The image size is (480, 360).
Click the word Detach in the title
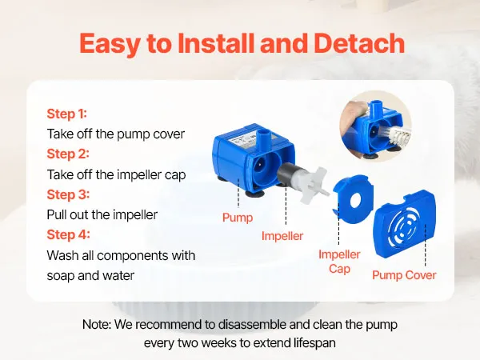[x=359, y=43]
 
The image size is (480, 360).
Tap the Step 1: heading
[x=67, y=114]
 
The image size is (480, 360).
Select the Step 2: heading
[x=68, y=154]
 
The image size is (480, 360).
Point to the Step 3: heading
[x=68, y=194]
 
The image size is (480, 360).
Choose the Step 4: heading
[x=68, y=234]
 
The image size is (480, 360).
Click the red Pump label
[x=238, y=218]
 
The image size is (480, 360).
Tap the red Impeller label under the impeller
[x=282, y=236]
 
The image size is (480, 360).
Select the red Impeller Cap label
[x=339, y=262]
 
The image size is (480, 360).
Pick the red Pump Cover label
[x=404, y=275]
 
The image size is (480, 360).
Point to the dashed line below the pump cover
[x=426, y=246]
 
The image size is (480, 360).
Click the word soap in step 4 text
[x=60, y=276]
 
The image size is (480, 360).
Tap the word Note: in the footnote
[x=97, y=325]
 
